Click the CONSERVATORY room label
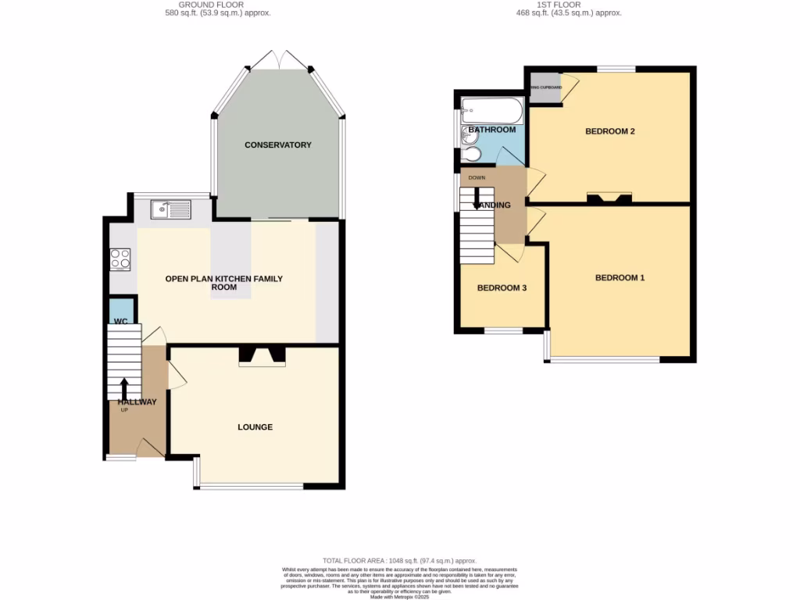[277, 145]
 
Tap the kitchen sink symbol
[170, 209]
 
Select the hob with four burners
[120, 259]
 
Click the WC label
[121, 321]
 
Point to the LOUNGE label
[255, 427]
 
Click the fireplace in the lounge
[262, 356]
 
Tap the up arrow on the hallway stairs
[124, 389]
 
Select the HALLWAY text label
[137, 402]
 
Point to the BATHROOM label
[491, 130]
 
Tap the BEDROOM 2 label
[609, 131]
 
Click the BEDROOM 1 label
[620, 277]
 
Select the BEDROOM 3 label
[502, 287]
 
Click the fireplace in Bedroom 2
[609, 198]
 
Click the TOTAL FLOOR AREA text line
[399, 561]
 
